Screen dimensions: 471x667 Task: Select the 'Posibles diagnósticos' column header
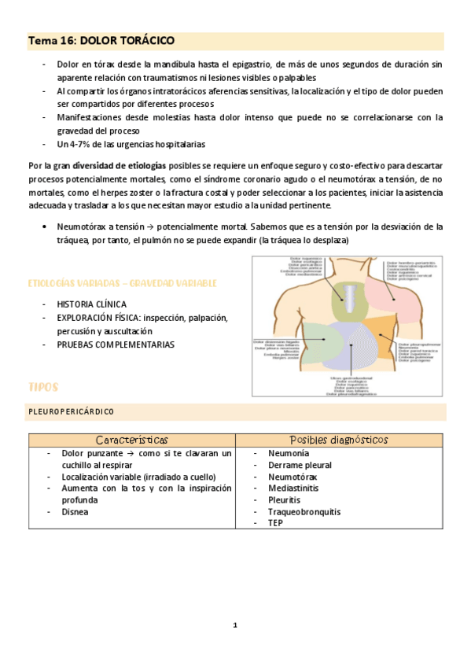pos(339,440)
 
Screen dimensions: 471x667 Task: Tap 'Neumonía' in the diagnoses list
pos(289,454)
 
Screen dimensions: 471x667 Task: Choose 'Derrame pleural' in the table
pos(300,466)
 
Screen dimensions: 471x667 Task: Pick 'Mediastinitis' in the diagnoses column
pos(294,488)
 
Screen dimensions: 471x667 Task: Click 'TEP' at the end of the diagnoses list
pos(275,522)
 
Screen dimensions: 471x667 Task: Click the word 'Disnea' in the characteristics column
pos(75,511)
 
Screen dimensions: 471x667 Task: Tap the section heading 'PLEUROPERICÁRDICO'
pos(72,411)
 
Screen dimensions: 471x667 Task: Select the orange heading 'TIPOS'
pos(42,387)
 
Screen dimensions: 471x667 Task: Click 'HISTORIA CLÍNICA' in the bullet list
pos(92,304)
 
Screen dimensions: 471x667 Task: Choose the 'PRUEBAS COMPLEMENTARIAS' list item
pos(116,345)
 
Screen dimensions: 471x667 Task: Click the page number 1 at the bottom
pos(235,625)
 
